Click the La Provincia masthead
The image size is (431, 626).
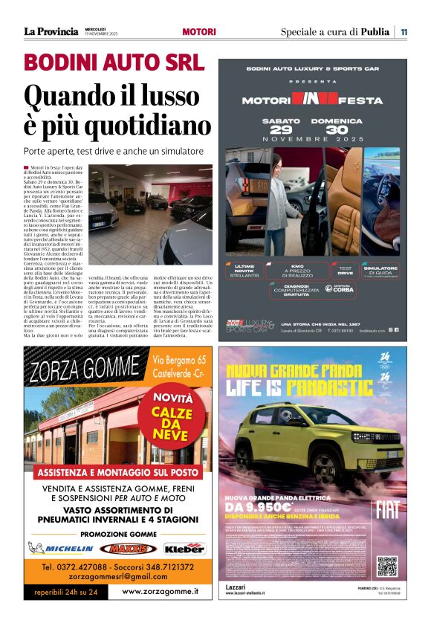click(x=51, y=31)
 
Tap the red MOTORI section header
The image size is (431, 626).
click(x=199, y=32)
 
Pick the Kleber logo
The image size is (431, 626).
click(x=183, y=548)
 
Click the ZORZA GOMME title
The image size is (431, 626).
click(x=83, y=369)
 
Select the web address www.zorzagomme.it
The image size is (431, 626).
click(x=160, y=591)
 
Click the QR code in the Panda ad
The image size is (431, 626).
click(x=387, y=566)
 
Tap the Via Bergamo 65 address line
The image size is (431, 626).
click(x=179, y=361)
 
